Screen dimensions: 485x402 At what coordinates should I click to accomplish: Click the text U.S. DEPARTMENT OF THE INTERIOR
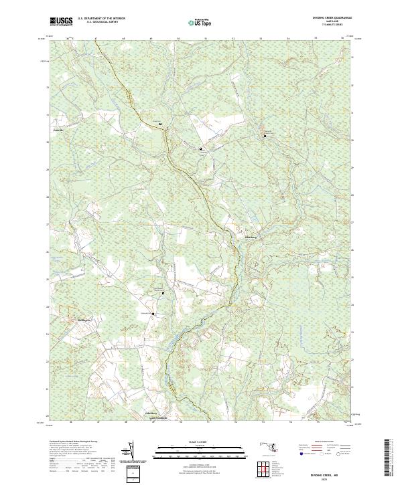click(101, 19)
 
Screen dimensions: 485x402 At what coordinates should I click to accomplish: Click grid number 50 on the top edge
click(178, 39)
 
